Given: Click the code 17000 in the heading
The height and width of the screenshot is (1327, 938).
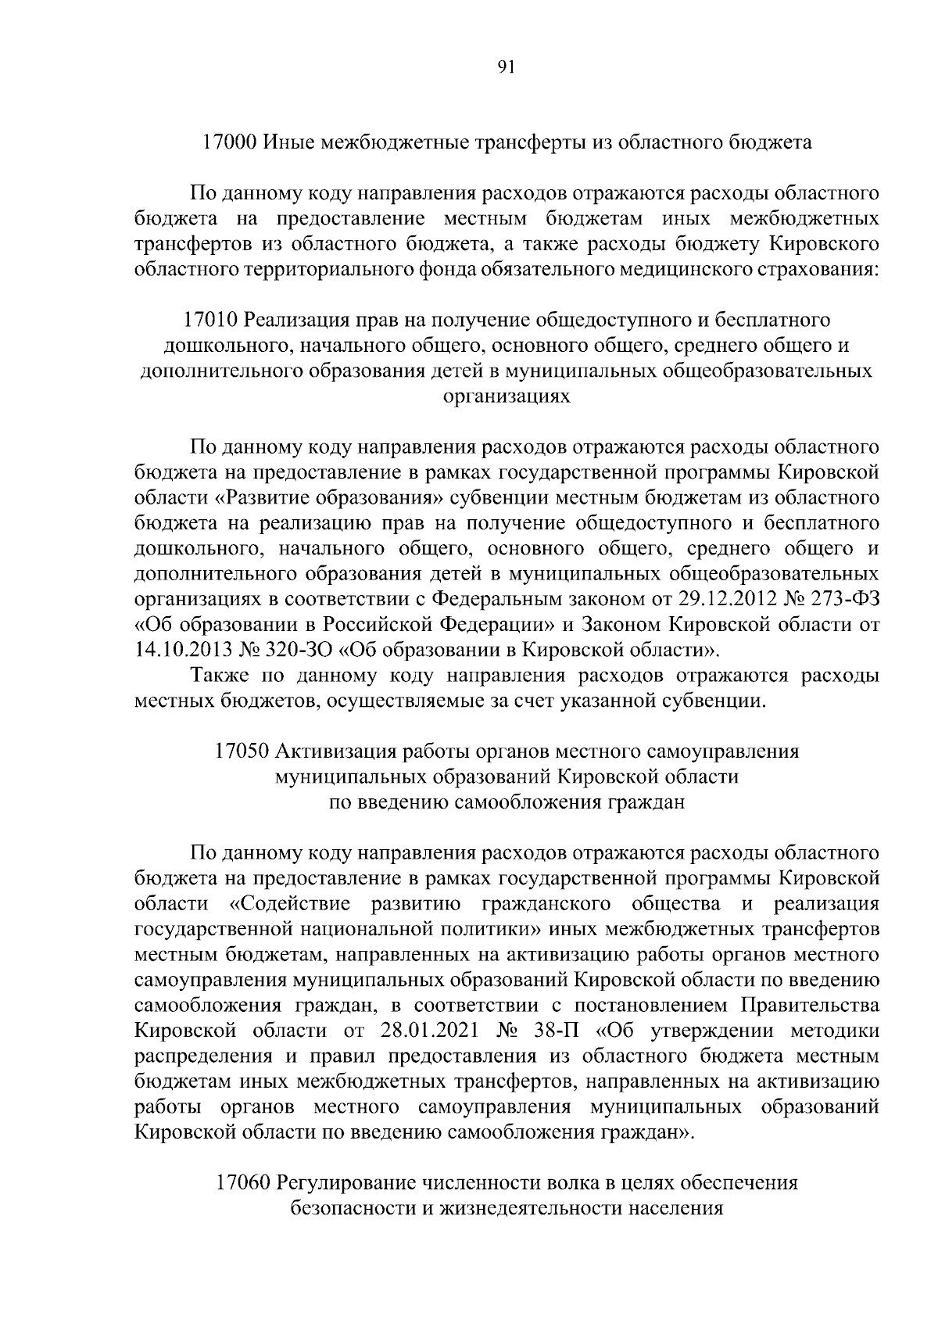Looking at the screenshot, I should tap(228, 143).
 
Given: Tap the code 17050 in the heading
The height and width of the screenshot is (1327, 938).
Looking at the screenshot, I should tap(242, 751).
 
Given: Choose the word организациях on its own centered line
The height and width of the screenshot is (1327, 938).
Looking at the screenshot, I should tap(506, 396).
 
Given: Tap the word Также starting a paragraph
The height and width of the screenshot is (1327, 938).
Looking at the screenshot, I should tap(218, 675).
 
